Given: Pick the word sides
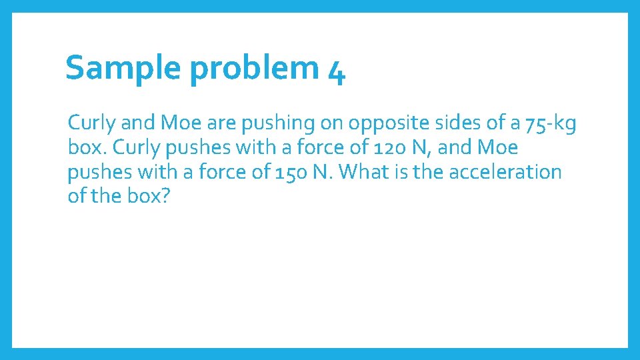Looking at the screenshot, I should (448, 123).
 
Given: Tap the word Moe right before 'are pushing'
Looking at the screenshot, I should (177, 123).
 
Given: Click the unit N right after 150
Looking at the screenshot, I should (330, 172).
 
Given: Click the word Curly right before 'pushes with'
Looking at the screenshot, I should (128, 147).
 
